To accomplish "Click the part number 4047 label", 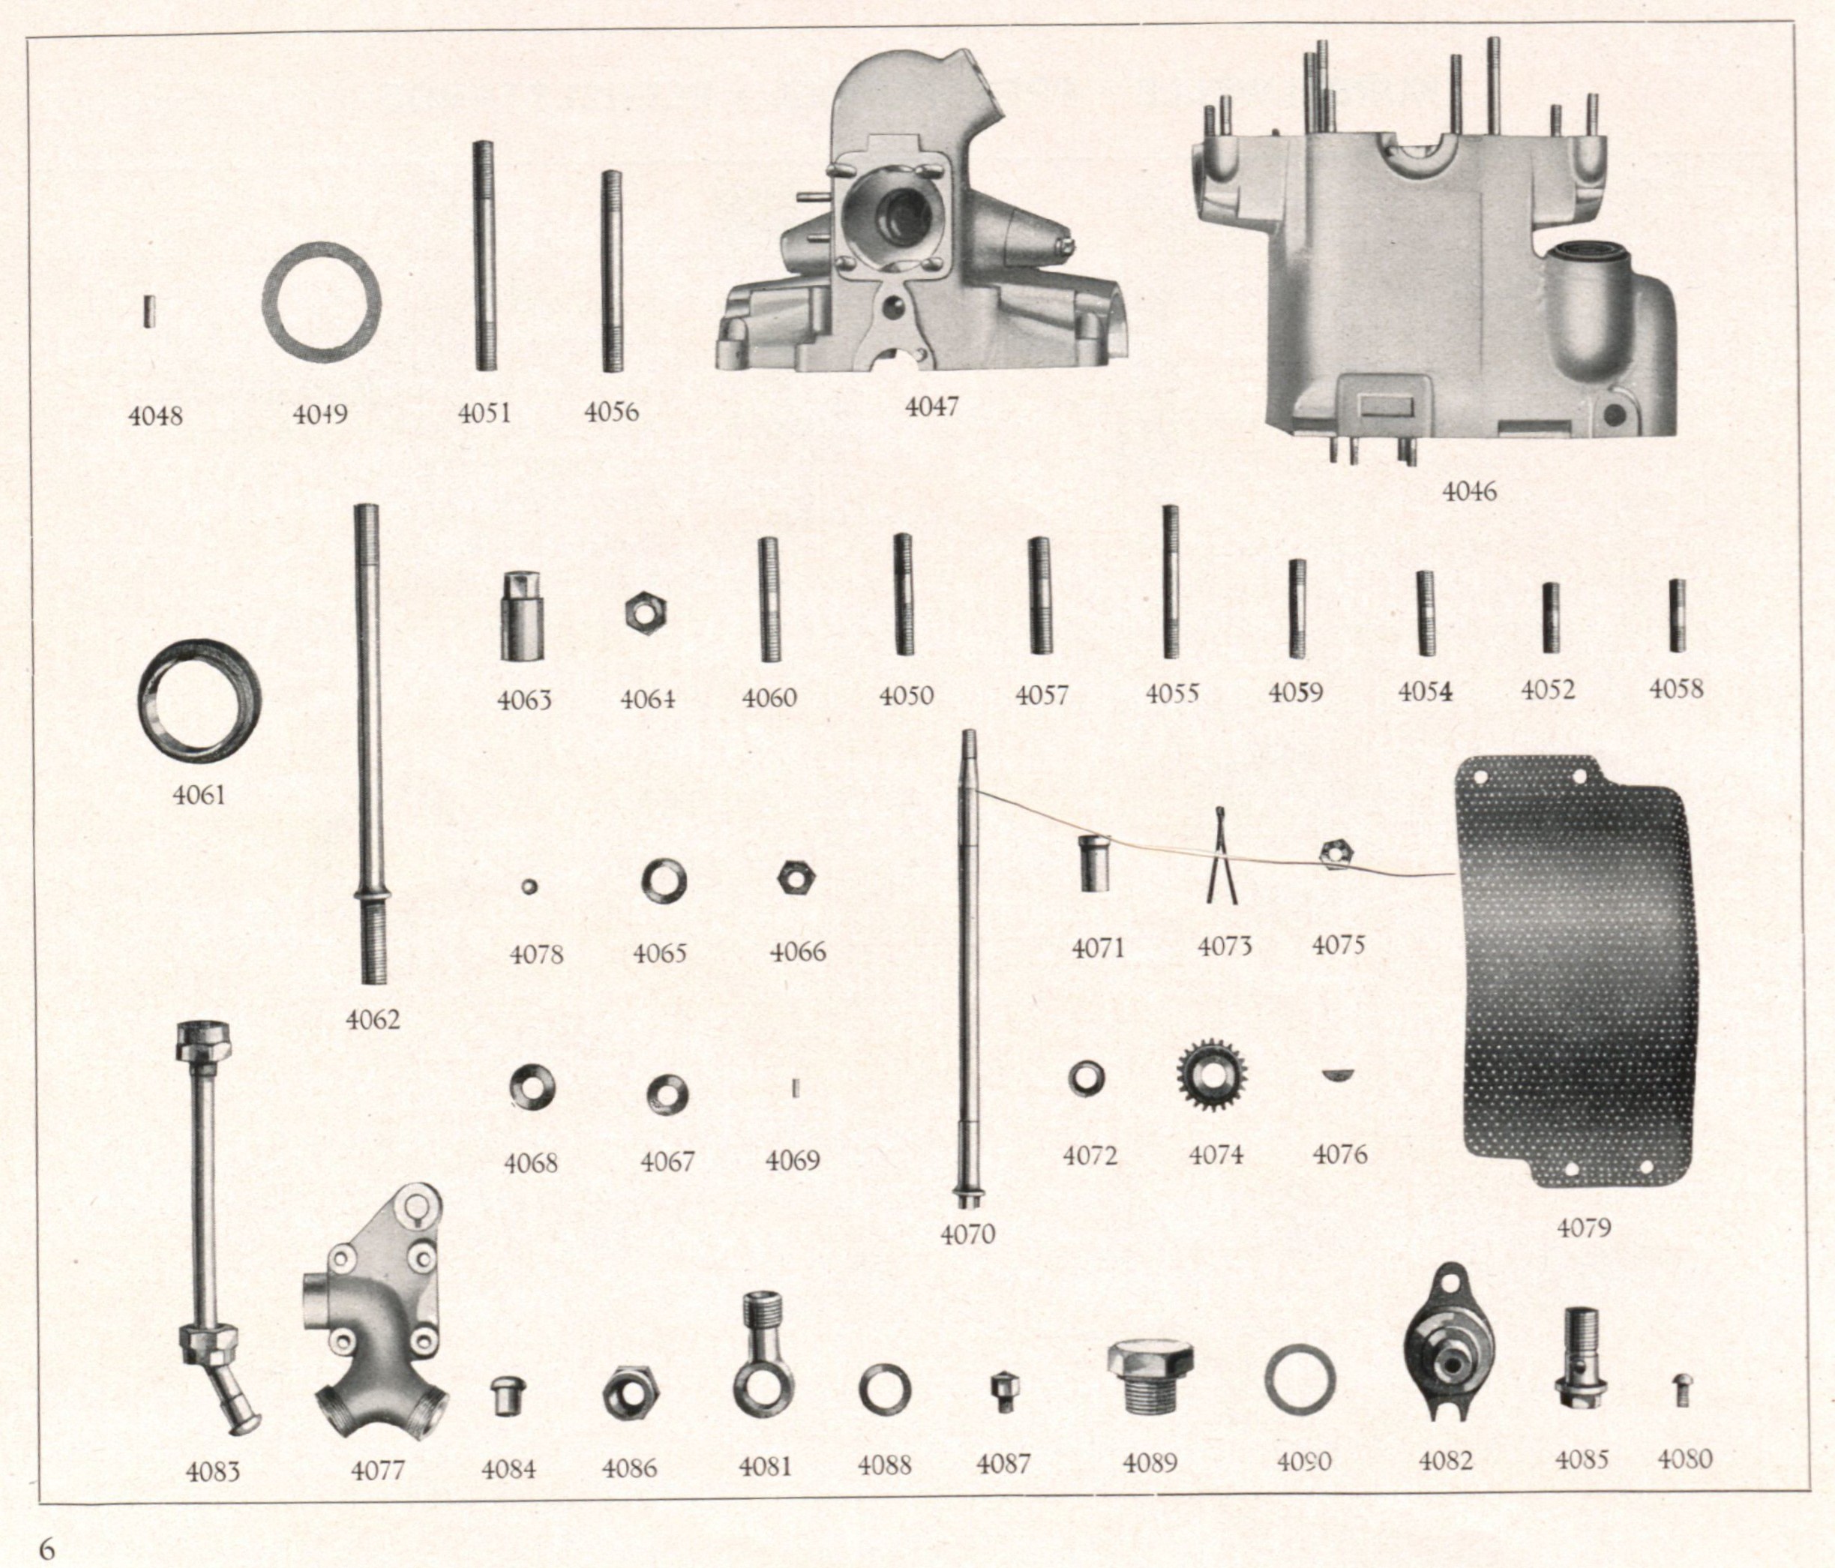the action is point(931,406).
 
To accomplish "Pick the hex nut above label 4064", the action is point(646,612).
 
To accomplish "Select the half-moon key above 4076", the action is point(1340,1076).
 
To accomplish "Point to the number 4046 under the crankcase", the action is point(1469,491).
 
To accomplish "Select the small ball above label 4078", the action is point(529,886).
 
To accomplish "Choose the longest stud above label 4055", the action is point(1170,581).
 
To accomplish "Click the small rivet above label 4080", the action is point(1683,1391).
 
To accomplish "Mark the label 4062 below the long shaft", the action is point(373,1020).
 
